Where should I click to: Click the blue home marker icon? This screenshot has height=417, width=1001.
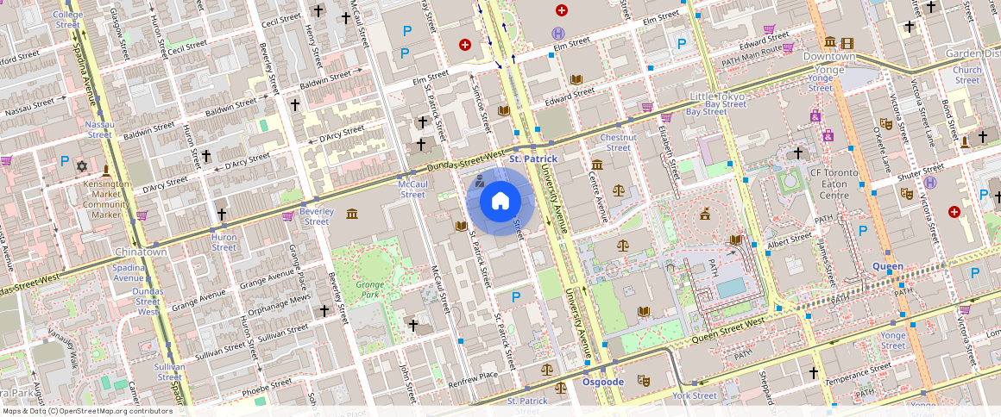click(x=500, y=202)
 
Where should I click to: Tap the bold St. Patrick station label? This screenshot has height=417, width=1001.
click(x=533, y=159)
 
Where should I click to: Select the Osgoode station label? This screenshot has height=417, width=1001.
click(x=602, y=382)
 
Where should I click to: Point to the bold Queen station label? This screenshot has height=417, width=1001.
click(x=886, y=266)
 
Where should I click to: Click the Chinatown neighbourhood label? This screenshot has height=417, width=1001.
click(x=141, y=252)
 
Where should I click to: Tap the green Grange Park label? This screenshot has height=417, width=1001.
click(x=368, y=289)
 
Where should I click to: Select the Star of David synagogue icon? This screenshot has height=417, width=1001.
click(x=83, y=165)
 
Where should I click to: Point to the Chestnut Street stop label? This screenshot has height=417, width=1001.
click(x=618, y=142)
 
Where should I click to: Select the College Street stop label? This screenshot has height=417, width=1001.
click(x=67, y=20)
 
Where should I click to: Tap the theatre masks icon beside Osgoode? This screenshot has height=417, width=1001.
click(x=643, y=380)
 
